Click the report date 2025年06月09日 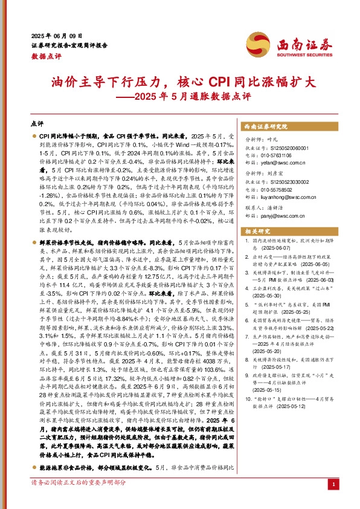[x=55, y=36]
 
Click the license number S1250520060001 [x=283, y=148]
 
